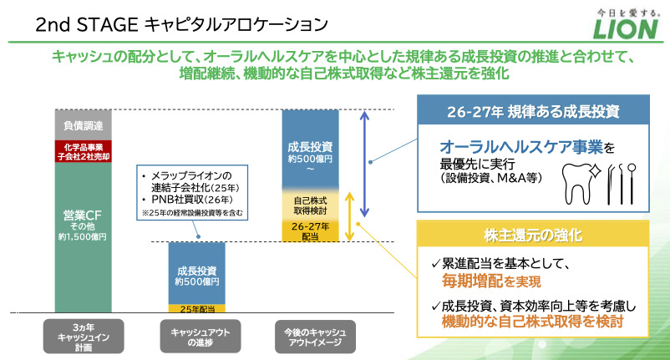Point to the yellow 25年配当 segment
(197, 308)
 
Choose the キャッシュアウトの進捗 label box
(197, 332)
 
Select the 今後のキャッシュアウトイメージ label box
(310, 332)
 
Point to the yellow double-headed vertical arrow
(352, 216)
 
